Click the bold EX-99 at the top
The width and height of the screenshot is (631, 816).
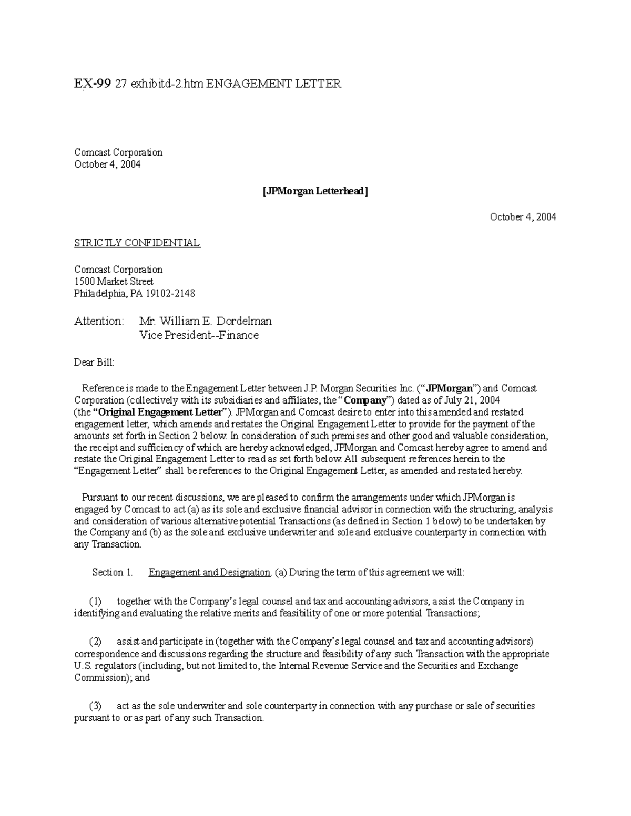click(93, 84)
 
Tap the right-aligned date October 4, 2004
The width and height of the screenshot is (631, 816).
click(523, 217)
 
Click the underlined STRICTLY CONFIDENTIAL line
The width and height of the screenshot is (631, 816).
click(137, 243)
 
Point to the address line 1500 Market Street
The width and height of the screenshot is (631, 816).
click(114, 282)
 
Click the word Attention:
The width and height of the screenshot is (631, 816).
click(99, 321)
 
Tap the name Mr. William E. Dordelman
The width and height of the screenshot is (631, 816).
click(205, 321)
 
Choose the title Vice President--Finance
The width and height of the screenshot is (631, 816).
click(199, 335)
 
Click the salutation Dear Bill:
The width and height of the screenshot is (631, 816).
click(94, 363)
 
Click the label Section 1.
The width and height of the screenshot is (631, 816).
click(112, 573)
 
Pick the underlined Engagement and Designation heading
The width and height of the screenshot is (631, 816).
click(209, 573)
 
